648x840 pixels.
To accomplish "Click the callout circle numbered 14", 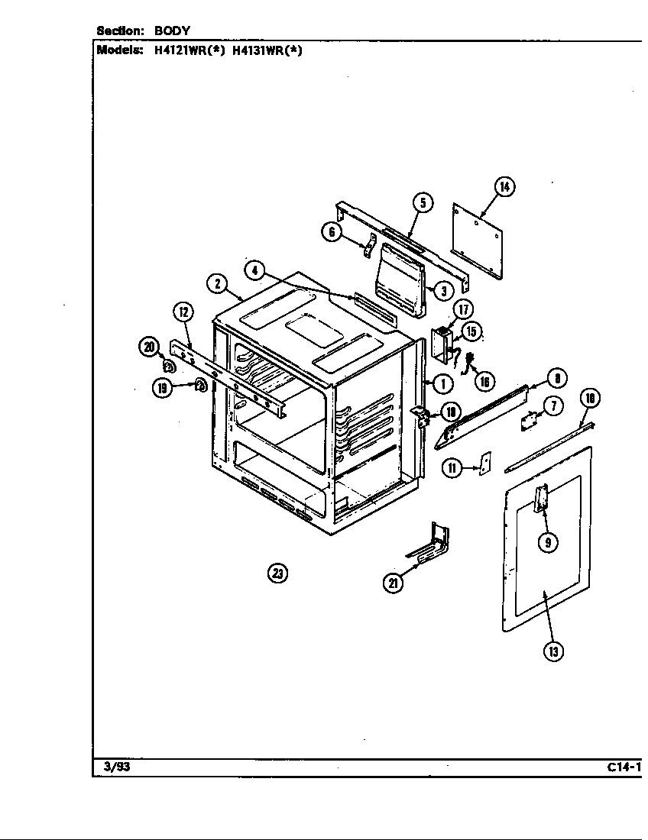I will pyautogui.click(x=504, y=186).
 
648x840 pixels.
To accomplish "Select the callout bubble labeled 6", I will pyautogui.click(x=331, y=232).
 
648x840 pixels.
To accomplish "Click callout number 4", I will pyautogui.click(x=254, y=270).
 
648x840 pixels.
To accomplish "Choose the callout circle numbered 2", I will pyautogui.click(x=217, y=283).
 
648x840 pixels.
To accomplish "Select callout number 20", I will pyautogui.click(x=148, y=347).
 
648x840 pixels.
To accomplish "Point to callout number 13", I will pyautogui.click(x=553, y=651).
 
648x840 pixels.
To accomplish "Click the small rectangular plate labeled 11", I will pyautogui.click(x=484, y=466).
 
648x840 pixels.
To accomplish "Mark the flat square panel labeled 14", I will pyautogui.click(x=478, y=238).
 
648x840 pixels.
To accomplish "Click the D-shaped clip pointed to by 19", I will pyautogui.click(x=199, y=386).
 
